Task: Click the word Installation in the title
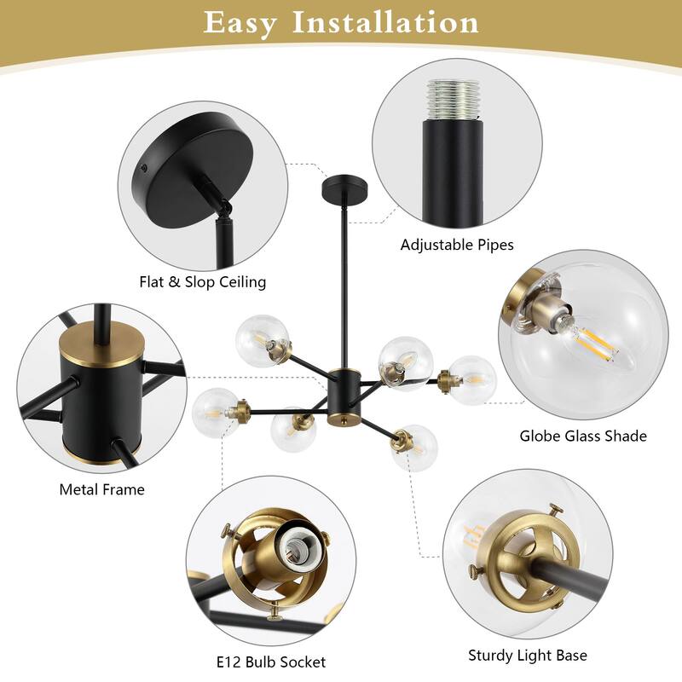pyautogui.click(x=386, y=23)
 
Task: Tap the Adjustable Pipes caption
pyautogui.click(x=457, y=245)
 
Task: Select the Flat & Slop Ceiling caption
pyautogui.click(x=203, y=281)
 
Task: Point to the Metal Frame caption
pyautogui.click(x=101, y=489)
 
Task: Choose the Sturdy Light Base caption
pyautogui.click(x=528, y=656)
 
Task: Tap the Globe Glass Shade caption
pyautogui.click(x=583, y=436)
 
